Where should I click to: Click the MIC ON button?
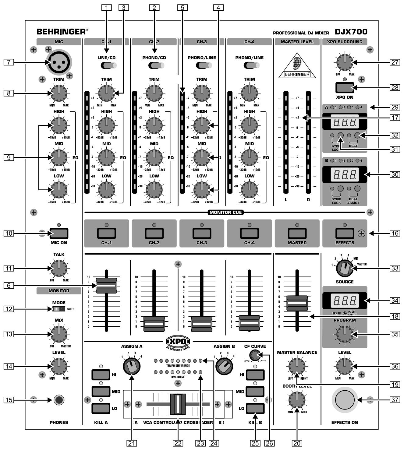(59, 234)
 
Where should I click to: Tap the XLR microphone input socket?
(58, 62)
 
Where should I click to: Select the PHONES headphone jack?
(59, 400)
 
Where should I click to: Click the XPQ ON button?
(345, 88)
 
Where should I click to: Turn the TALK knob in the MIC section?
(59, 268)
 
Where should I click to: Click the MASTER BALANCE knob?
(297, 366)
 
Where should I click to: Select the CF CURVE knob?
(254, 355)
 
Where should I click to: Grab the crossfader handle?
(178, 404)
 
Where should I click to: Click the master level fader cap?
(297, 303)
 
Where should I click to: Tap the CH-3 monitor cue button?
(202, 234)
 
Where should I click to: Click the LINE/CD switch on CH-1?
(108, 65)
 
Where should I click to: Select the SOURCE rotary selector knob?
(345, 268)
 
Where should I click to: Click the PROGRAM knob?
(345, 334)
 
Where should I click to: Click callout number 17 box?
(395, 118)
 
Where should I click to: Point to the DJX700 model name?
(351, 32)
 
